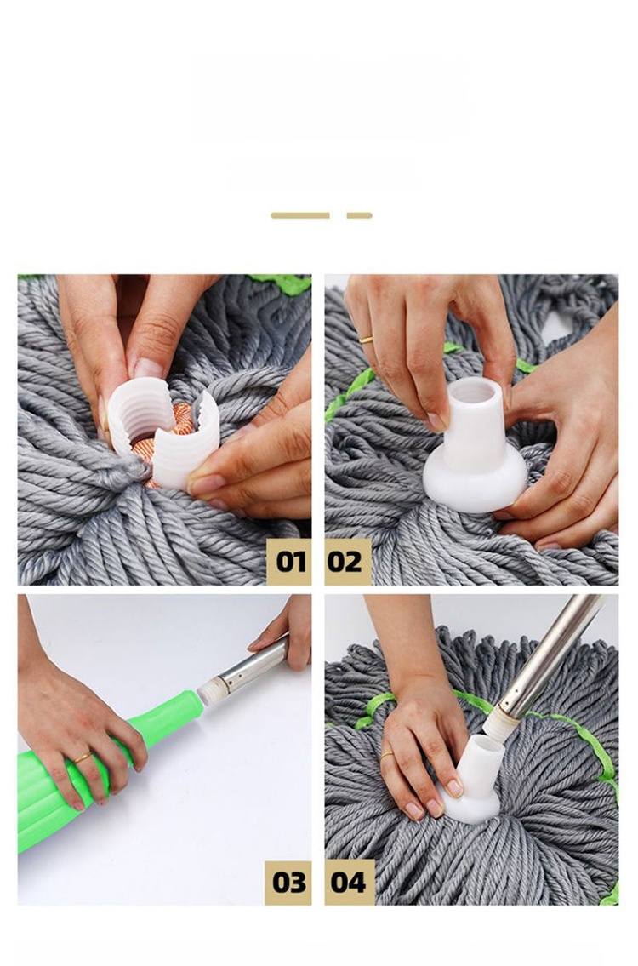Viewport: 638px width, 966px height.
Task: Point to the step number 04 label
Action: (348, 882)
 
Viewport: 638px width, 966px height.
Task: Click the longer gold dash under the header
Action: (300, 215)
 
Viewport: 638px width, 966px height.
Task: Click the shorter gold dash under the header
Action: (360, 215)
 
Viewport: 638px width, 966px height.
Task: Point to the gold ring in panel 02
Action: (367, 339)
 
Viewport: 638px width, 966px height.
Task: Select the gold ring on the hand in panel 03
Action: (83, 757)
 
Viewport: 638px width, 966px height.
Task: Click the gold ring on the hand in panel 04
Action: (387, 754)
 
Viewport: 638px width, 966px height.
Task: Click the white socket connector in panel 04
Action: (473, 780)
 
